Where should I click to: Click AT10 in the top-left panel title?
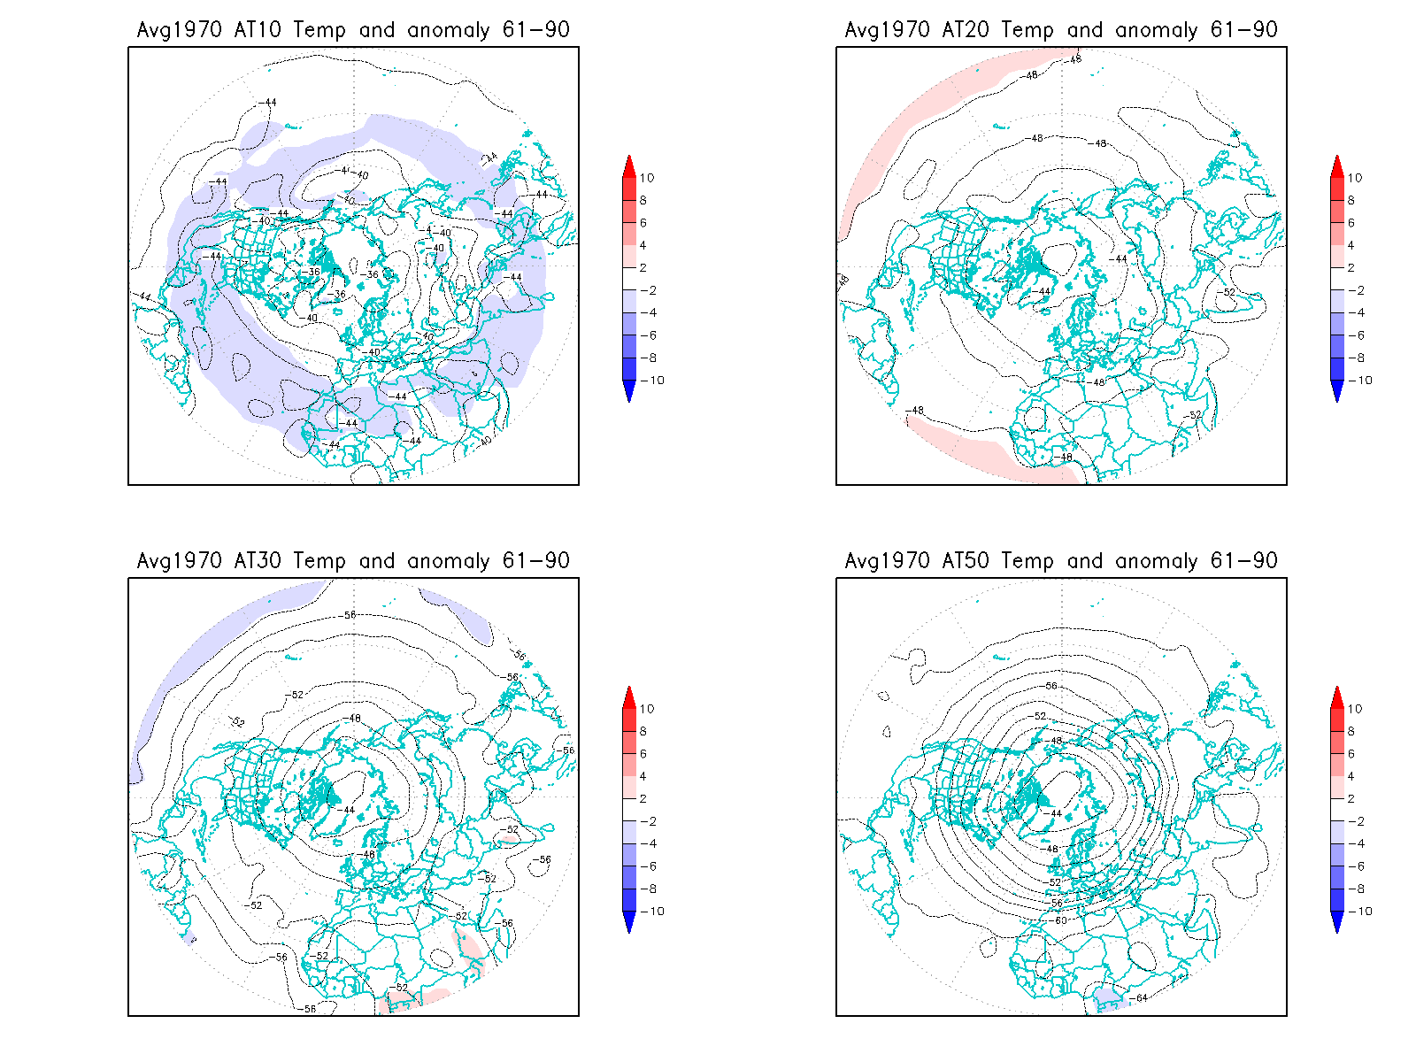tap(258, 30)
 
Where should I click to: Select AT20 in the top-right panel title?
tap(966, 30)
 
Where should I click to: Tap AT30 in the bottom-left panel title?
tap(258, 561)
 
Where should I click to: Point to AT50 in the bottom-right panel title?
tap(966, 561)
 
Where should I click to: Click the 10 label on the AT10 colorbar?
tap(647, 178)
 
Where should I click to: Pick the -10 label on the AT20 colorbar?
tap(1361, 381)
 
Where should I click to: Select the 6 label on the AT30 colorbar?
tap(643, 754)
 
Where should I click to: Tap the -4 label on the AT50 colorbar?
tap(1355, 844)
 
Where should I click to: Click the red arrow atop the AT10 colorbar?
tap(629, 165)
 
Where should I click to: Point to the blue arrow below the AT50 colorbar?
tap(1337, 923)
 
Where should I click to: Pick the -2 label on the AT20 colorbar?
tap(1355, 290)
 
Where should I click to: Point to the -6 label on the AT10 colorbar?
tap(647, 335)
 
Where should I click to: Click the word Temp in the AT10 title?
tap(319, 30)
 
